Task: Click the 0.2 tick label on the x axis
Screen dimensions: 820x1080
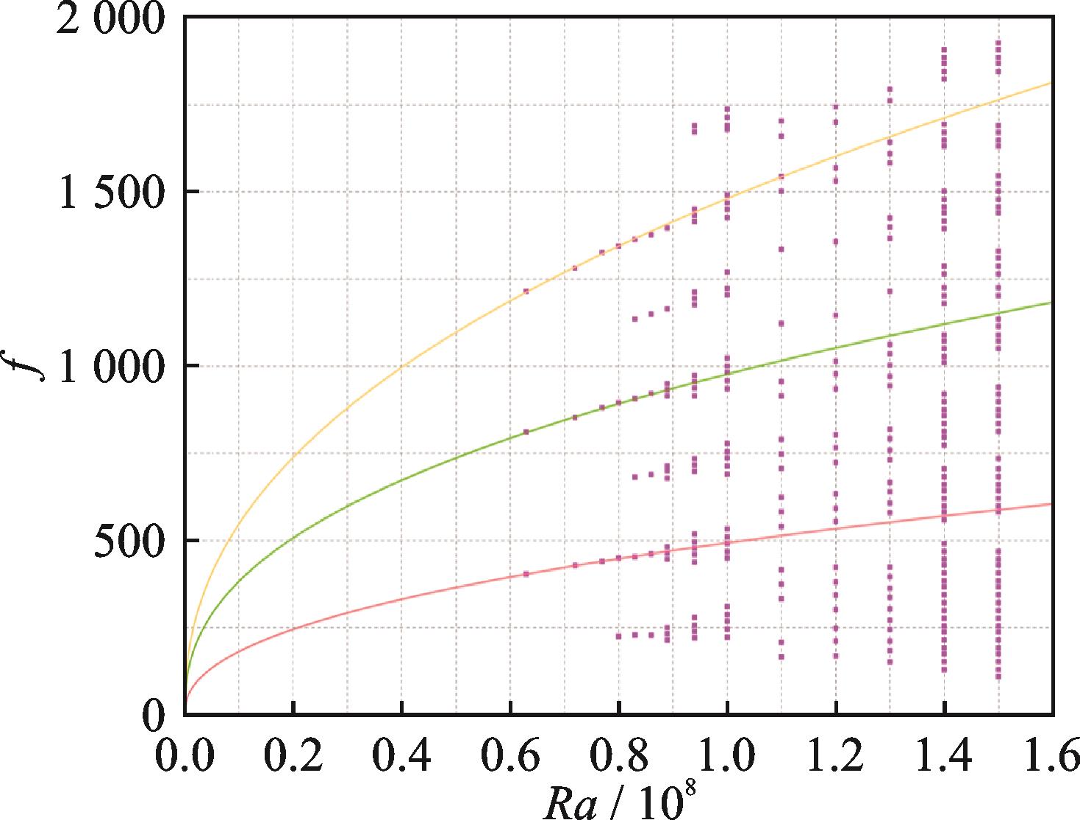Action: (293, 757)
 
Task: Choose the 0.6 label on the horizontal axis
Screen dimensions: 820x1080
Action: (510, 757)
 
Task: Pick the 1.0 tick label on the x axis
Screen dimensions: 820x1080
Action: (726, 757)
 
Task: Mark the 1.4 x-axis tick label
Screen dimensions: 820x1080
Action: (943, 757)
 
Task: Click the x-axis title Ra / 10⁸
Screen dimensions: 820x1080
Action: (618, 801)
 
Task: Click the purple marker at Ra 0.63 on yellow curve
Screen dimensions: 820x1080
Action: (526, 291)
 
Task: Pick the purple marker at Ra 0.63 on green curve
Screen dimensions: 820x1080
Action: (526, 432)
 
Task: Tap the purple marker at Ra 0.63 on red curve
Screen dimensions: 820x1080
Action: (526, 574)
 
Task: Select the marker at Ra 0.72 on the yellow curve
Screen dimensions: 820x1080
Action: (575, 268)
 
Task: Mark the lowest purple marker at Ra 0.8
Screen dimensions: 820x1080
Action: (618, 636)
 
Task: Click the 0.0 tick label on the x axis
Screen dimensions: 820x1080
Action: (185, 757)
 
